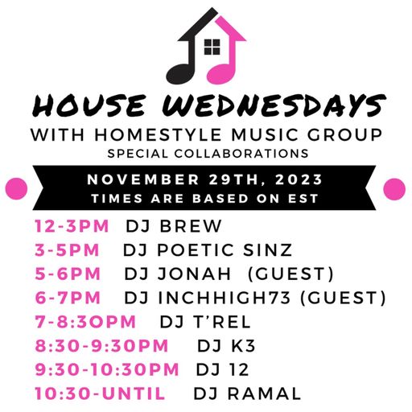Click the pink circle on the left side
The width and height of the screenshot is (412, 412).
[x=16, y=188]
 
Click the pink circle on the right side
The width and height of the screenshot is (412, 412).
[x=394, y=188]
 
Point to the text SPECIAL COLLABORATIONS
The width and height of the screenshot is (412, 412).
[x=206, y=152]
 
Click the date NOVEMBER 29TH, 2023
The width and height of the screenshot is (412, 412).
[x=207, y=179]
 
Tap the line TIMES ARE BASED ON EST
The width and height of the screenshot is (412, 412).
[x=207, y=198]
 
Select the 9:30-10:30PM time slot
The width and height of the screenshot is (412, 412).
[x=107, y=369]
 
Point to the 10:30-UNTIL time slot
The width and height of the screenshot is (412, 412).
[x=100, y=393]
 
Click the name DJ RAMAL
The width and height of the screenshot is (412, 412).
[x=247, y=393]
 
